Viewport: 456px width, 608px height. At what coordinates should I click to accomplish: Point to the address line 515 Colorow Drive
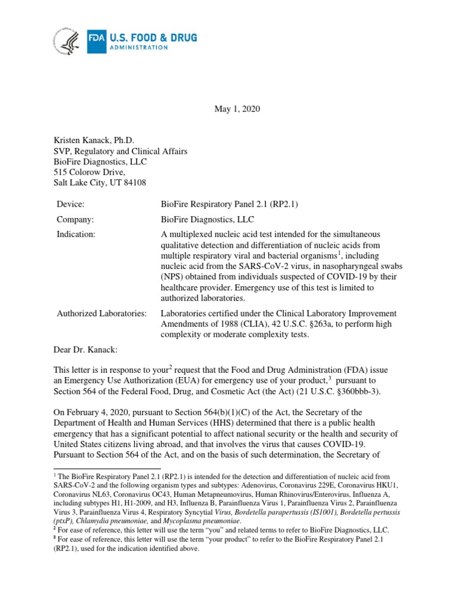click(x=89, y=172)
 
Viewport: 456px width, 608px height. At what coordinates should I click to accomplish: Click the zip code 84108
click(x=134, y=183)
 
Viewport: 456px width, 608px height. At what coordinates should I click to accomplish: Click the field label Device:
click(x=71, y=204)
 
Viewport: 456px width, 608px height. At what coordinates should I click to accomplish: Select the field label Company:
click(x=75, y=218)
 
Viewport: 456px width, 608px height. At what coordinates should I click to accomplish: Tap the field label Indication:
click(x=76, y=234)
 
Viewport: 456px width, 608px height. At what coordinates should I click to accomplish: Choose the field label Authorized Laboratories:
click(x=101, y=313)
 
